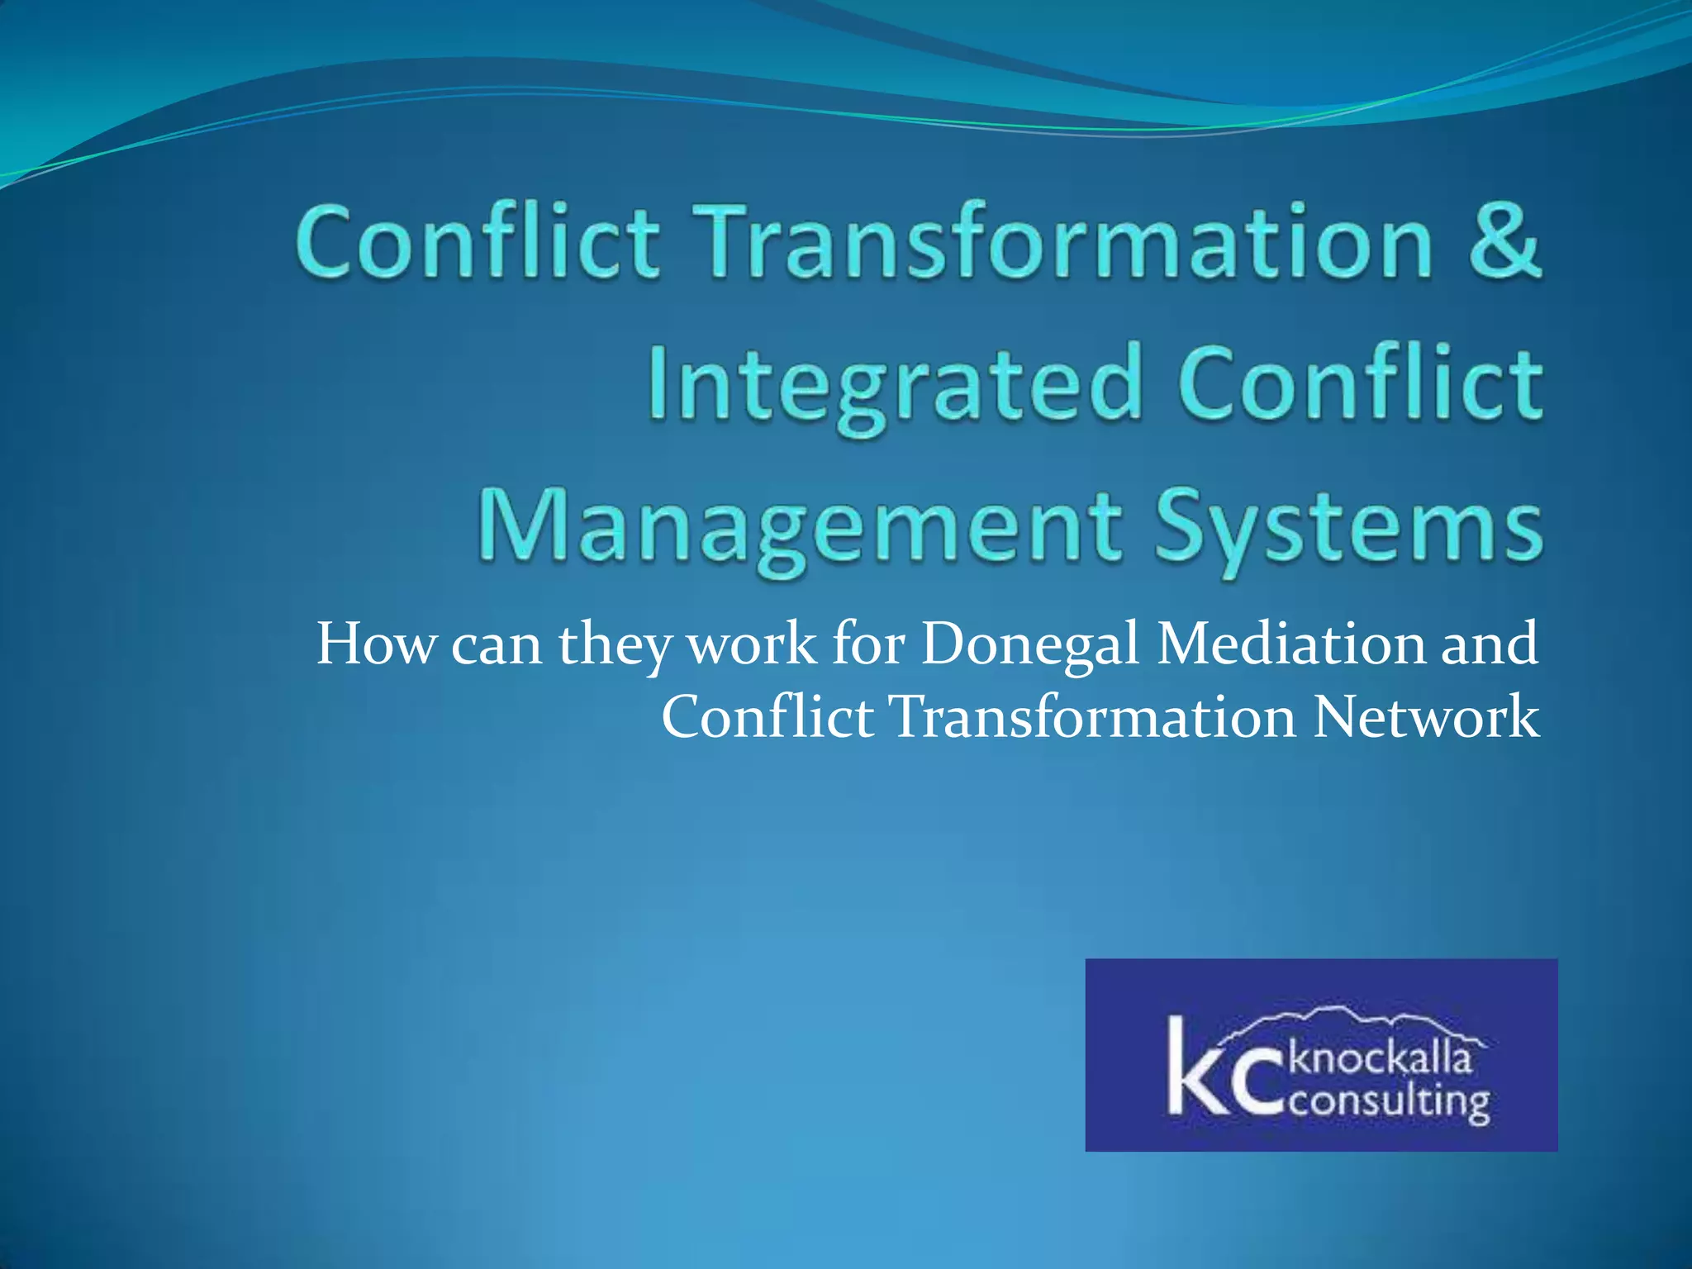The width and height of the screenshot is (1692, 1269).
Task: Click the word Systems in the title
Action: coord(1348,529)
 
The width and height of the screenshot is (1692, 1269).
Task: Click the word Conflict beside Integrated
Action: coord(1360,382)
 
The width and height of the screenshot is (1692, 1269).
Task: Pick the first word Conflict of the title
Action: coord(478,241)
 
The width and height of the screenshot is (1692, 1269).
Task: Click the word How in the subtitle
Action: coord(375,644)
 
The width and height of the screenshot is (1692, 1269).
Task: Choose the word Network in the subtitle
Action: coord(1426,717)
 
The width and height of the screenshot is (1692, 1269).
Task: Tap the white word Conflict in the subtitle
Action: coord(767,715)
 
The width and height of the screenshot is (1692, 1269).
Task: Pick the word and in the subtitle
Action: coord(1490,644)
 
